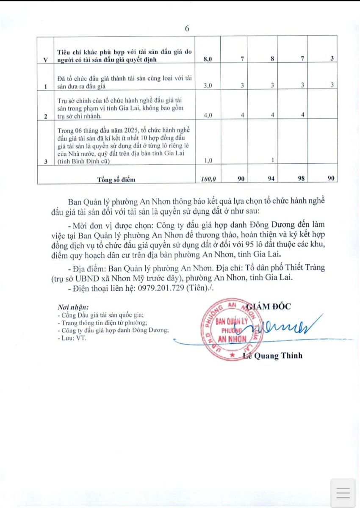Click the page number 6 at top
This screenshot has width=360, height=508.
coord(187,29)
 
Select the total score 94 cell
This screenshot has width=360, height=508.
coord(271,179)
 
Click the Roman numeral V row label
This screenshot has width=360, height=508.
coord(45,60)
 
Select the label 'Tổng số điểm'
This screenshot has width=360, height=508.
coord(116,179)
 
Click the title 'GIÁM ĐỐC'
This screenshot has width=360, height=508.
coord(269,306)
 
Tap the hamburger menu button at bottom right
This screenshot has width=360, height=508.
coord(343,493)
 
